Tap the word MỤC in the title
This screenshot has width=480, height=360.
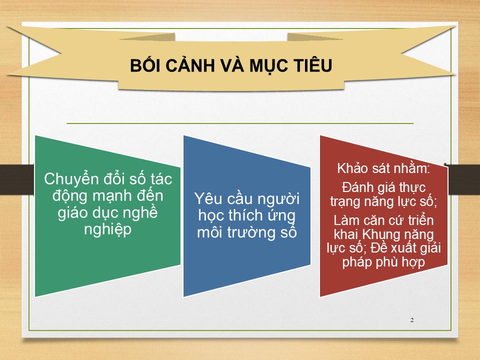[x=269, y=65]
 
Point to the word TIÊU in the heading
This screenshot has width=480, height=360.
[x=313, y=64]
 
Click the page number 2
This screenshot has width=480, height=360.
[x=412, y=320]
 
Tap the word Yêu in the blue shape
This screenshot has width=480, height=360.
[x=208, y=198]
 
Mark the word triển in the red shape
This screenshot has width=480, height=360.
[x=421, y=220]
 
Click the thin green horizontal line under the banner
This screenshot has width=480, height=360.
[x=240, y=123]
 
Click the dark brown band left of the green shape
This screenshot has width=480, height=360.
[x=17, y=179]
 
